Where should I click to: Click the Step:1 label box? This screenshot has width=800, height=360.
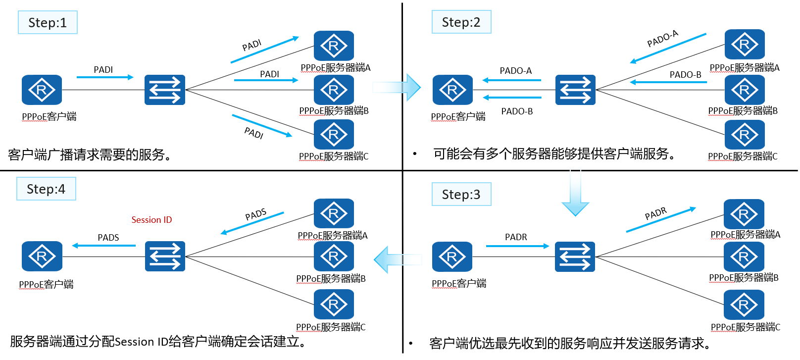point(48,22)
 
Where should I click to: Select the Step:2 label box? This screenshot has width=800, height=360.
point(461,22)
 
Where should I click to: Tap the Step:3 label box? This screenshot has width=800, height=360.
point(461,194)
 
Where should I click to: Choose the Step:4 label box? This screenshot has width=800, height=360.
point(46,189)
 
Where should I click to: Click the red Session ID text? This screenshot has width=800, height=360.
point(151,220)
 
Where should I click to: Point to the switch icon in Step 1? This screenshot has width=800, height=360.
point(165,90)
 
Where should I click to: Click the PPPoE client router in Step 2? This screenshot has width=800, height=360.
point(452,90)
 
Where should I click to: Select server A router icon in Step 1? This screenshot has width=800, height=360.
point(334,46)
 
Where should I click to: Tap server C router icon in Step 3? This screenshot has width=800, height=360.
point(744,305)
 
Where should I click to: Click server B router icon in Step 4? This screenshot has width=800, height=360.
point(334,256)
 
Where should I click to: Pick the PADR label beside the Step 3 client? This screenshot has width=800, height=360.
point(516,237)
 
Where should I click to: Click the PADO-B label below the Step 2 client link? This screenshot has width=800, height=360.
point(517,111)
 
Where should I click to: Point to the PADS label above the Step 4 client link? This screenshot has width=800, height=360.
point(108,238)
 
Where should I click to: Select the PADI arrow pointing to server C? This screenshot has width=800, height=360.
point(262,125)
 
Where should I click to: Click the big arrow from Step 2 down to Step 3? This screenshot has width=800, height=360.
point(575,193)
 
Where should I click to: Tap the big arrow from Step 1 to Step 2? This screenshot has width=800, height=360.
point(397,87)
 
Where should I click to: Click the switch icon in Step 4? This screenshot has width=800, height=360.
point(165,256)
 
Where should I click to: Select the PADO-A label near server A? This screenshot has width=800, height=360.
point(662,39)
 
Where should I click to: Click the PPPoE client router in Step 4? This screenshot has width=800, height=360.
point(42,256)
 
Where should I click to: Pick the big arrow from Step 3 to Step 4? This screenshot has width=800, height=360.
point(398,259)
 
